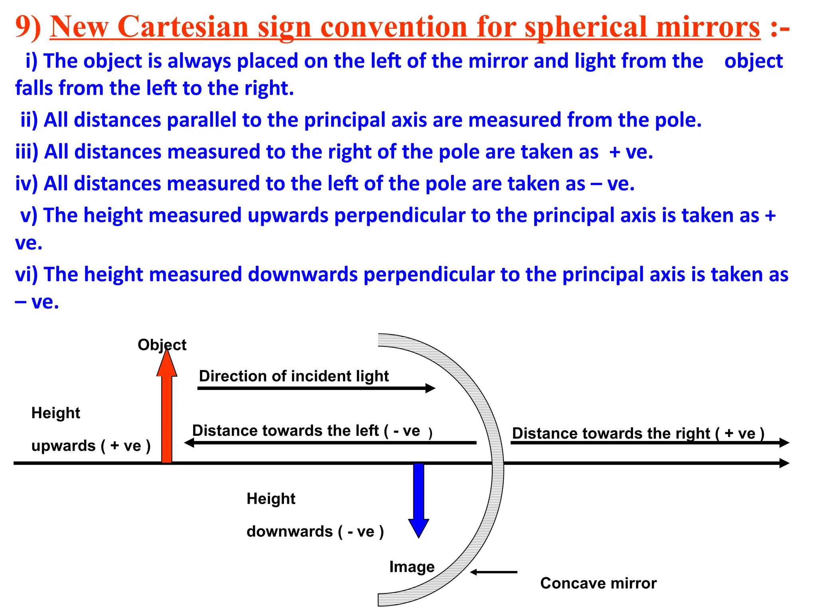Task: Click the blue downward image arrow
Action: click(x=418, y=499)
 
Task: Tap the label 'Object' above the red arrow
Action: click(x=162, y=345)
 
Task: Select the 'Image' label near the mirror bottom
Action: click(x=412, y=567)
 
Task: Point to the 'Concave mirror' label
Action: click(x=598, y=583)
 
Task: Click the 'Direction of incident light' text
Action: click(x=294, y=376)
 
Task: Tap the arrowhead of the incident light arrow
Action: click(x=431, y=388)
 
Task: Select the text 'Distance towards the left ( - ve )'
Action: click(x=312, y=431)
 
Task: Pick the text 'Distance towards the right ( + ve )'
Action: click(x=638, y=433)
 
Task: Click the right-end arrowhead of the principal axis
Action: click(x=784, y=463)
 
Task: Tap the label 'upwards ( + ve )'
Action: click(x=91, y=446)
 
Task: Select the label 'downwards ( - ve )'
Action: click(x=315, y=532)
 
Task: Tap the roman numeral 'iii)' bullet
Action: click(x=27, y=152)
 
